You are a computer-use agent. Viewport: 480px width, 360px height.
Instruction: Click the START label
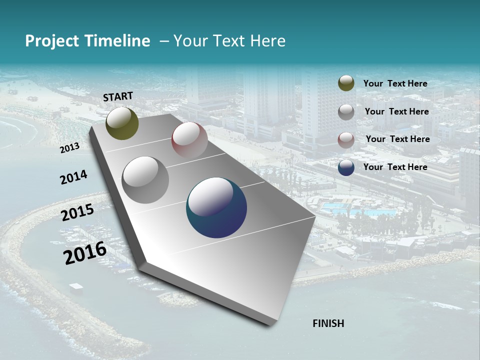pyautogui.click(x=118, y=96)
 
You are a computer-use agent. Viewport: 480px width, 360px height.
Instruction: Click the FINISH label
pyautogui.click(x=328, y=323)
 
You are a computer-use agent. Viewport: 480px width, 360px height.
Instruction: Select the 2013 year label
pyautogui.click(x=69, y=147)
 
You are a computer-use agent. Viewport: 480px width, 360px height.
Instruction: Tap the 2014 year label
pyautogui.click(x=73, y=177)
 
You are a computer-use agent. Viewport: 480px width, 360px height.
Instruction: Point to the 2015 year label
pyautogui.click(x=77, y=212)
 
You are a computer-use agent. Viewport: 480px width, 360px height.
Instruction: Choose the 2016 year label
pyautogui.click(x=84, y=252)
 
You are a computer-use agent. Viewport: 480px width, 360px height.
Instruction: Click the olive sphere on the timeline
pyautogui.click(x=122, y=123)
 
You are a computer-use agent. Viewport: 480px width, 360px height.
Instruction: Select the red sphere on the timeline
pyautogui.click(x=189, y=139)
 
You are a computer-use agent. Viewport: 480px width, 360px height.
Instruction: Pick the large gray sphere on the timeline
pyautogui.click(x=145, y=179)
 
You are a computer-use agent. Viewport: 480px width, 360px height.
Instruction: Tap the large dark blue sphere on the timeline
pyautogui.click(x=216, y=207)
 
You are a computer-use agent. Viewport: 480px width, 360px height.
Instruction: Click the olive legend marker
pyautogui.click(x=346, y=83)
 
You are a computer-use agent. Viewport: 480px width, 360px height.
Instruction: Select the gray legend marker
pyautogui.click(x=346, y=112)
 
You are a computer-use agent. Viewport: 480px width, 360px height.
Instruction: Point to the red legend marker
pyautogui.click(x=346, y=140)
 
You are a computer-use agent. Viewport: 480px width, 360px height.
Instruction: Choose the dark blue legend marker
pyautogui.click(x=346, y=167)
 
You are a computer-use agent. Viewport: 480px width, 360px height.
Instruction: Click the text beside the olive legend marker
pyautogui.click(x=395, y=83)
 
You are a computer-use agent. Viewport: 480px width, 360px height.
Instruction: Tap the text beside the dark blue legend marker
pyautogui.click(x=395, y=167)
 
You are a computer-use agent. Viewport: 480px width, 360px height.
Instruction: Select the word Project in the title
pyautogui.click(x=52, y=41)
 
